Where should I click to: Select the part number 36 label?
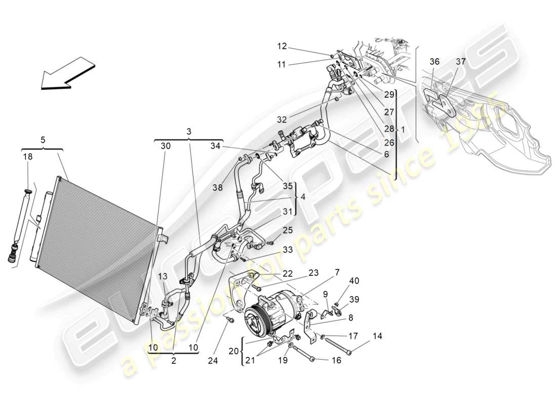[x=434, y=61]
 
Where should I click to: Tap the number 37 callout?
[x=460, y=61]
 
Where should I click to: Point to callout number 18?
[x=27, y=157]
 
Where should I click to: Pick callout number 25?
[x=288, y=230]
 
